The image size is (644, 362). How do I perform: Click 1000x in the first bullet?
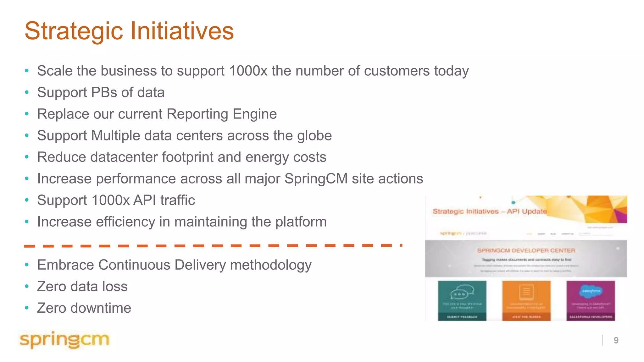point(248,71)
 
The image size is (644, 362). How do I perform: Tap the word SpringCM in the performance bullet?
point(316,179)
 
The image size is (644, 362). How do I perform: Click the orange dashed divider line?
point(213,246)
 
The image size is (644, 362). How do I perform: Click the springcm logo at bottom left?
point(64,340)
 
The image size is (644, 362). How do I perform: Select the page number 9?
point(616,340)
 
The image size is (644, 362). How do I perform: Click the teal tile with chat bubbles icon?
point(462,300)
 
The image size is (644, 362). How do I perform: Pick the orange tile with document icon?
point(526,300)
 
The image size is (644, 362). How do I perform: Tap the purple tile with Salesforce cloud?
point(591,300)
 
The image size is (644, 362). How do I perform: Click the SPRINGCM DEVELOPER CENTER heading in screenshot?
point(526,250)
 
